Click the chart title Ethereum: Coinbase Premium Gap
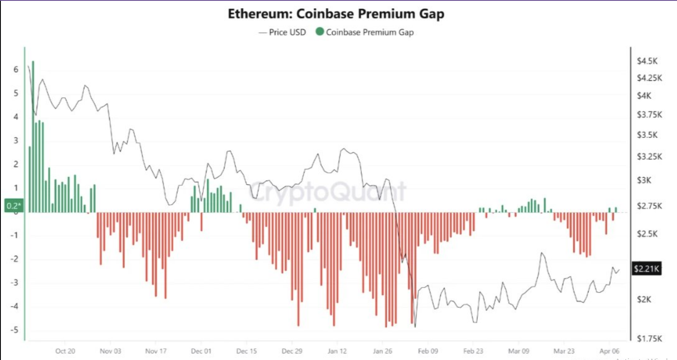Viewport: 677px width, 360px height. tap(336, 14)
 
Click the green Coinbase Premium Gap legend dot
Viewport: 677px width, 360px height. tap(320, 31)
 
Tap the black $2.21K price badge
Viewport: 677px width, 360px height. tap(646, 269)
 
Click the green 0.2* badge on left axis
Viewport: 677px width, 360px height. tap(13, 206)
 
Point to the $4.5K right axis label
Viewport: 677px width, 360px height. tap(647, 61)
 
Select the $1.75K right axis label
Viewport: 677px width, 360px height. tap(649, 338)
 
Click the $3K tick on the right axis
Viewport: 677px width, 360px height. tap(644, 180)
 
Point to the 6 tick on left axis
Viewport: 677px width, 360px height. tap(16, 69)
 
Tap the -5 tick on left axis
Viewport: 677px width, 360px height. tap(14, 330)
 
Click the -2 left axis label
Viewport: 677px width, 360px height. tap(14, 259)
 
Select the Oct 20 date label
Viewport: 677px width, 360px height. tap(65, 351)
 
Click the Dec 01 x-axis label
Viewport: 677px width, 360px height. tap(201, 351)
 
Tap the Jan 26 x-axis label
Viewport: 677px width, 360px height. tap(382, 351)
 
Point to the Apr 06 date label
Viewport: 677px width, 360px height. tap(609, 351)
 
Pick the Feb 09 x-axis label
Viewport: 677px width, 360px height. tap(428, 351)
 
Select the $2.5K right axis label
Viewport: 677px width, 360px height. tap(647, 234)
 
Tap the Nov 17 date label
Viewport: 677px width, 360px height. tap(156, 351)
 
